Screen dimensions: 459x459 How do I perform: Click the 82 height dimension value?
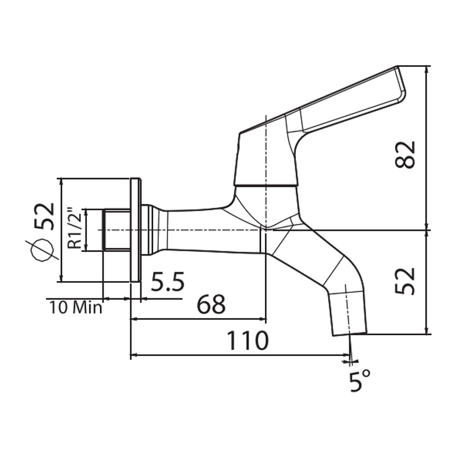(x=405, y=154)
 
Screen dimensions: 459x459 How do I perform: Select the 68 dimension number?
(x=211, y=305)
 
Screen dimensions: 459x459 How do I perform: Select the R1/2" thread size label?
(x=74, y=228)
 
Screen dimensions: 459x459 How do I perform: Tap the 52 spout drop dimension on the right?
(x=405, y=281)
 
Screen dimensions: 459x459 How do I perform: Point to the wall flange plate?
(x=136, y=230)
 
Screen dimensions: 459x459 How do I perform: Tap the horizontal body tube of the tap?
(x=211, y=231)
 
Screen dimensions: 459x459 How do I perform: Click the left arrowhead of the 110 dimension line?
(x=133, y=356)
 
